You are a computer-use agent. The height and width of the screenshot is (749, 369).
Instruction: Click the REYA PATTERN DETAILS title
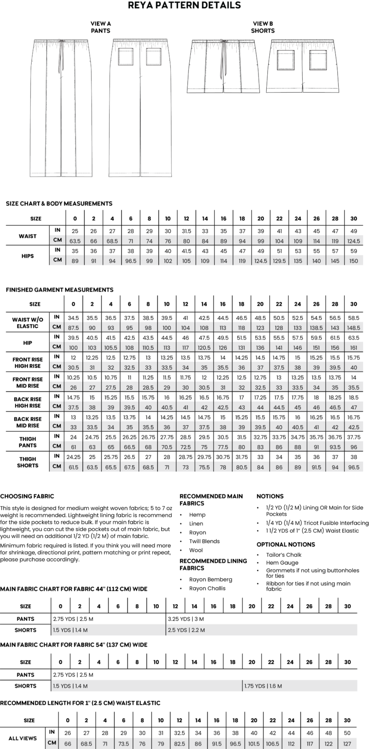[x=184, y=6]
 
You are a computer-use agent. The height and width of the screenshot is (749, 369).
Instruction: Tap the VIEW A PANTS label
[x=101, y=27]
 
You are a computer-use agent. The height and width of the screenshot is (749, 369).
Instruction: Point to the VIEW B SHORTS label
[x=263, y=27]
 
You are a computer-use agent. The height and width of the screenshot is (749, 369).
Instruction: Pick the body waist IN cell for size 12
[x=185, y=231]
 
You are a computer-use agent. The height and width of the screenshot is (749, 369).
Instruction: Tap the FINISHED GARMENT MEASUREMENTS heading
[x=59, y=290]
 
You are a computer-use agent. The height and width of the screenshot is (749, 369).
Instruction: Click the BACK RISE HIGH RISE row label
[x=28, y=402]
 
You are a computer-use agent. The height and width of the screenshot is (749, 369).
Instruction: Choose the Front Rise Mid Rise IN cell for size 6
[x=129, y=377]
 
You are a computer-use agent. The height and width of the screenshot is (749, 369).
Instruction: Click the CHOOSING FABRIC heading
[x=27, y=496]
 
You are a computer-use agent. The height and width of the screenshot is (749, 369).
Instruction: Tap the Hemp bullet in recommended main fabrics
[x=197, y=515]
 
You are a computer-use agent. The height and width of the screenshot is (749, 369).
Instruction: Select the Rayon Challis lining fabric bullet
[x=207, y=589]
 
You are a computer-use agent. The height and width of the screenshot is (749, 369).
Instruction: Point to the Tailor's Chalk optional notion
[x=284, y=555]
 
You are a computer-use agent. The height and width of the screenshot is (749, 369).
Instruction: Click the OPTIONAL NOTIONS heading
[x=286, y=544]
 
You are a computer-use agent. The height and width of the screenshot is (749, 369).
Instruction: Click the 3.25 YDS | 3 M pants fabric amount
[x=186, y=619]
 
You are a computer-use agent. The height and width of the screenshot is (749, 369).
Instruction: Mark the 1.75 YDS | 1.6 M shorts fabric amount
[x=263, y=686]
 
